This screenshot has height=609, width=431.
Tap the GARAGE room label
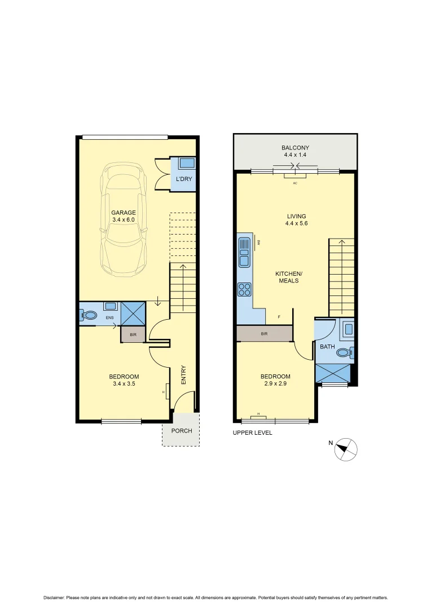point(123,213)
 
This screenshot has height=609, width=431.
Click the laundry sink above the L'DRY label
point(186,164)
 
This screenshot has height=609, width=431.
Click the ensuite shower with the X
point(133,314)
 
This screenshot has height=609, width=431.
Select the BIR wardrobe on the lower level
point(133,334)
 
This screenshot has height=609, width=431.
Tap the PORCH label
point(182,431)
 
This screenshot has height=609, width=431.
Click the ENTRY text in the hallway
point(183,376)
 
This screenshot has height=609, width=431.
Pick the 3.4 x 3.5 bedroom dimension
point(124,383)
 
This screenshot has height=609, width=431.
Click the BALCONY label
point(295,148)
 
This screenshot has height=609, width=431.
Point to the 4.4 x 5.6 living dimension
point(296,223)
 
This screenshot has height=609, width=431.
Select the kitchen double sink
point(244,252)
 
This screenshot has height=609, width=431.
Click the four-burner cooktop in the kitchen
point(245,289)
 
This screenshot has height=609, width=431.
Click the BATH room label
point(327,347)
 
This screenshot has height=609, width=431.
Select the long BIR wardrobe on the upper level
point(264,334)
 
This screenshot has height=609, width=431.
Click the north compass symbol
point(347,449)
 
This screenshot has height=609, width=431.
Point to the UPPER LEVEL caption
point(253,433)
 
